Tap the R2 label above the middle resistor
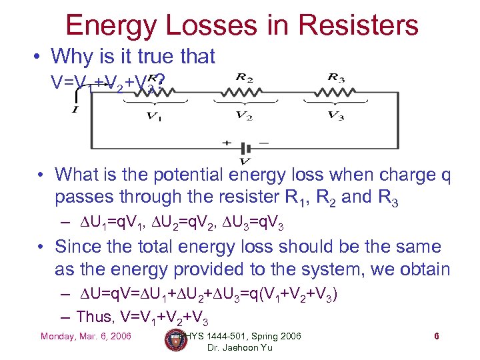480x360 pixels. (244, 78)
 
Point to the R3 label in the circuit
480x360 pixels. (335, 77)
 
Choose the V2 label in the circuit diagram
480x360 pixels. (244, 116)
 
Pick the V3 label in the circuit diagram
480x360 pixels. (335, 116)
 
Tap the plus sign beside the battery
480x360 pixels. (227, 143)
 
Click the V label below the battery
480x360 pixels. (245, 161)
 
